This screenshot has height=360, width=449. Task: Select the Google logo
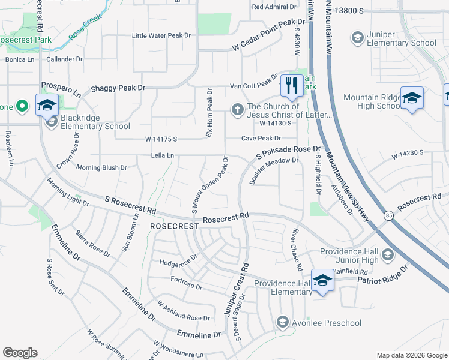pyautogui.click(x=20, y=353)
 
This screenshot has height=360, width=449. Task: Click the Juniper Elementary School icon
pyautogui.click(x=357, y=38)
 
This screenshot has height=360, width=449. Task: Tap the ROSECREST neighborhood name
pyautogui.click(x=174, y=226)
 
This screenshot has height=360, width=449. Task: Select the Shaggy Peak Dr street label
pyautogui.click(x=118, y=88)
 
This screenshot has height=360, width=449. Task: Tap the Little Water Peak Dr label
pyautogui.click(x=161, y=36)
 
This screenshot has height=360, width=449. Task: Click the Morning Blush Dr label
pyautogui.click(x=101, y=167)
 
